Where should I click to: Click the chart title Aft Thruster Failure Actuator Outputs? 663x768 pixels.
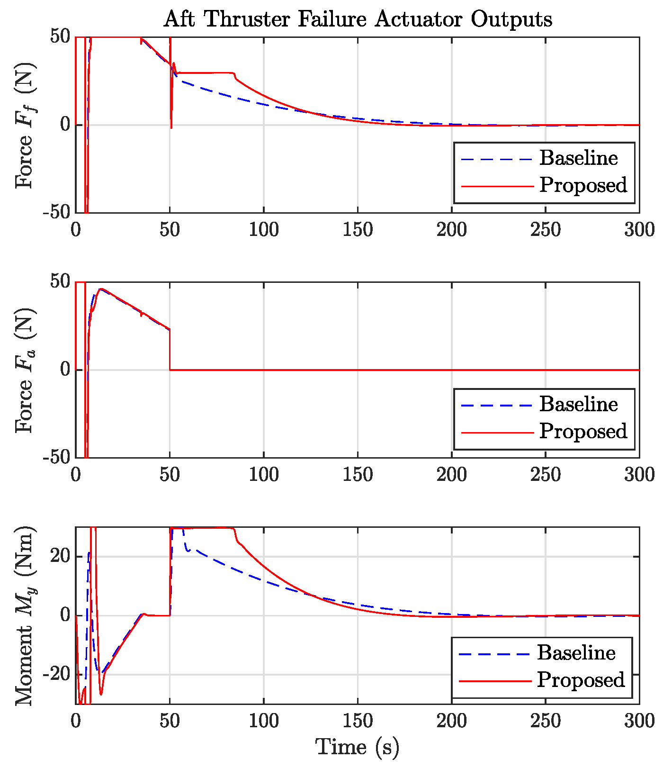358,19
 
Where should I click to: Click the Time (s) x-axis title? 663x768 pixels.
358,747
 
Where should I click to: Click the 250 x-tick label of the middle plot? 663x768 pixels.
546,475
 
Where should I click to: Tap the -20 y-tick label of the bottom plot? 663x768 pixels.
56,674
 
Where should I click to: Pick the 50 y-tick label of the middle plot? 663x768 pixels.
61,282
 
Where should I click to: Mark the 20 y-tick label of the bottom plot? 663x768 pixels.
61,557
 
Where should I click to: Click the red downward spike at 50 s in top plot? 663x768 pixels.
171,114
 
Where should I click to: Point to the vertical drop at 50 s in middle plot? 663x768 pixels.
170,351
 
